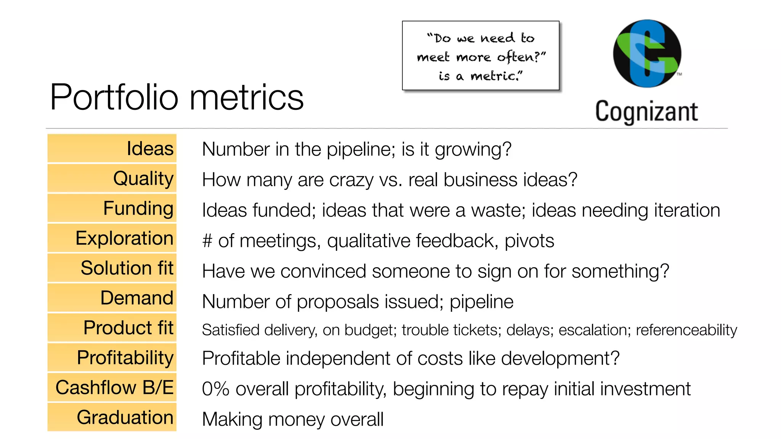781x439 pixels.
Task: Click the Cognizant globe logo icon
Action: pos(647,54)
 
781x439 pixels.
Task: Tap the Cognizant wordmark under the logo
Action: pos(646,112)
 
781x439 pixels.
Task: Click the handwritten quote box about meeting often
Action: pos(480,56)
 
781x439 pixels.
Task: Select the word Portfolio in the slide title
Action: pos(114,97)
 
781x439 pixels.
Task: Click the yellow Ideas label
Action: pos(112,148)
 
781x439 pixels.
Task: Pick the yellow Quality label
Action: pos(112,178)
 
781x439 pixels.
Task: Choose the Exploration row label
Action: pos(112,238)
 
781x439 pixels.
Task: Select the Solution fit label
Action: pos(112,268)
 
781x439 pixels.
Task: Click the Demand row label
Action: pos(112,298)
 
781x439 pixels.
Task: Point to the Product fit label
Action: pos(112,328)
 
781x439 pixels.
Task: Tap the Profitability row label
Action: pos(112,357)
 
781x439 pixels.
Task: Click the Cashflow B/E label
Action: pos(112,388)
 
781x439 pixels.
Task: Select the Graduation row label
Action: pos(112,417)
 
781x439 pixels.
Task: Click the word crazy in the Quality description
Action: pos(351,180)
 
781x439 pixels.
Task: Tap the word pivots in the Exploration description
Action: pos(529,241)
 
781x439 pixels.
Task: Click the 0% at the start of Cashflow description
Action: pos(215,389)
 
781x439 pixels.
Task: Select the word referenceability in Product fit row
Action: pos(686,330)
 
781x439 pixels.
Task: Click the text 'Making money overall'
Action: pos(292,419)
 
